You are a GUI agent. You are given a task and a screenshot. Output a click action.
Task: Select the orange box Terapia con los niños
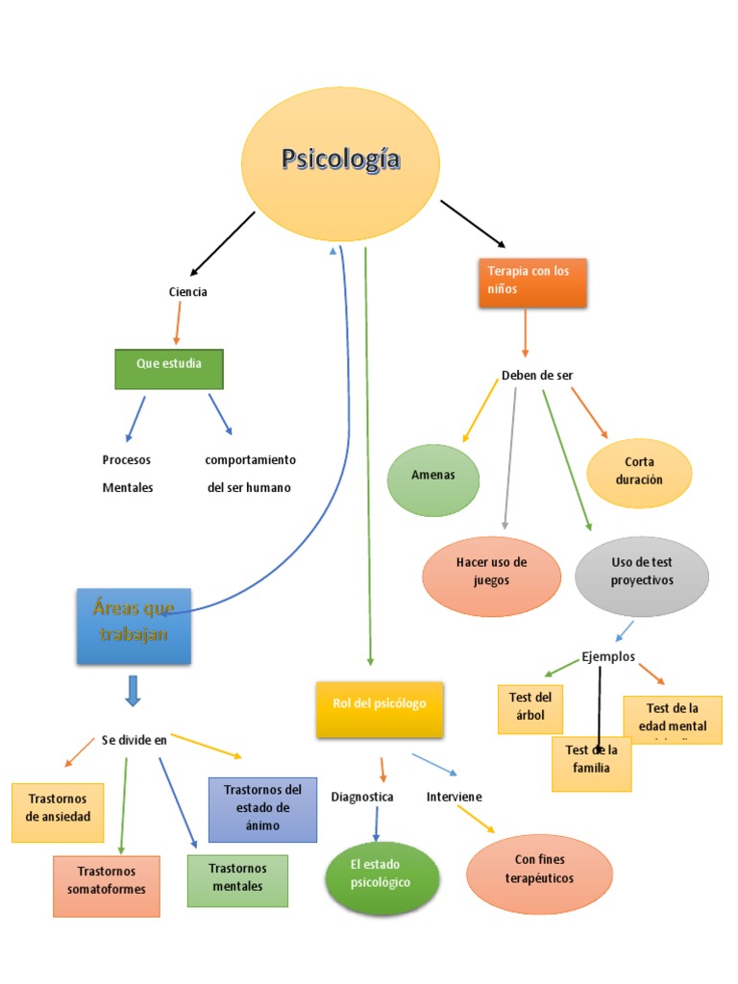point(532,283)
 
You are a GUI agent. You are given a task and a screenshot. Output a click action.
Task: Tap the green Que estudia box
point(169,369)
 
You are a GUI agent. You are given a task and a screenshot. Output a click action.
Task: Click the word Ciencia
point(187,292)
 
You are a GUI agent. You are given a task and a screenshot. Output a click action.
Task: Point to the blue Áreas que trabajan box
point(134,627)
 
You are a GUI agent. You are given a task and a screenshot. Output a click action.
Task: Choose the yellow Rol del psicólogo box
point(380,709)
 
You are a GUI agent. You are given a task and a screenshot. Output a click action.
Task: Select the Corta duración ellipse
point(639,472)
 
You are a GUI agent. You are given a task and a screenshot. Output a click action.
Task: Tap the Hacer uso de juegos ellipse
point(491,574)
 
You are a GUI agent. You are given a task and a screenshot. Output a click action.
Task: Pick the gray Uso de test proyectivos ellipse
point(641,574)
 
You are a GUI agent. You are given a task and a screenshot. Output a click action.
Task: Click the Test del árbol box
point(530,708)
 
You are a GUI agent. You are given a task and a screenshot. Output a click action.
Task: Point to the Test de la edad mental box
point(673,719)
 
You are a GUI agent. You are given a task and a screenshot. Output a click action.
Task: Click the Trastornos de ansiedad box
point(58,812)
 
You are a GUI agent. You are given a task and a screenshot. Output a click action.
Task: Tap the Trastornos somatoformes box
point(106,885)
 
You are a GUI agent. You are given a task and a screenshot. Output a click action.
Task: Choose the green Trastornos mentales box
point(237,880)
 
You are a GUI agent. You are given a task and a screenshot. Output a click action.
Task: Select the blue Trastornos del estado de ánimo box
point(262,809)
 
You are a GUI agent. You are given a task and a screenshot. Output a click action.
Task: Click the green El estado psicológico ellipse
point(381,877)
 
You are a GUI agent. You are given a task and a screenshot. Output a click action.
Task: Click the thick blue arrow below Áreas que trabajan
point(134,691)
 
